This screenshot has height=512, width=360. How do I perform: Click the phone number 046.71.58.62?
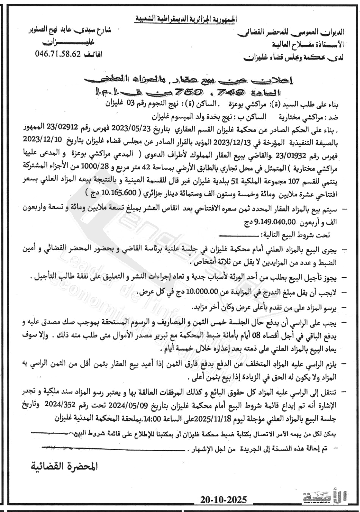[58, 53]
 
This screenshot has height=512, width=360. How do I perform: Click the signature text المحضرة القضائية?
[64, 466]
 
